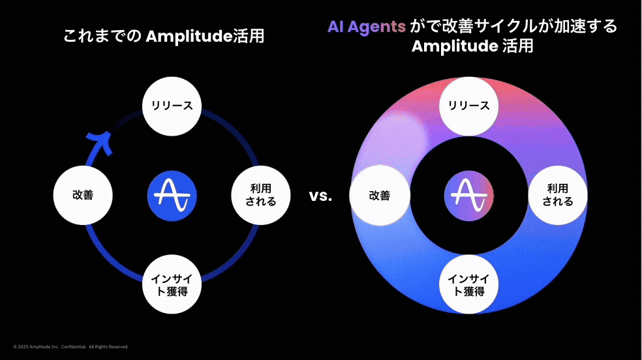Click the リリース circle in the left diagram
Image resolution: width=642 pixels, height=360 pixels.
pyautogui.click(x=172, y=106)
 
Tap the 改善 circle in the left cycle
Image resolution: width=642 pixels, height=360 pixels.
pyautogui.click(x=83, y=194)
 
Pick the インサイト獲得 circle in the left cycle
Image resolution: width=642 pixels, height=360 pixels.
pyautogui.click(x=172, y=285)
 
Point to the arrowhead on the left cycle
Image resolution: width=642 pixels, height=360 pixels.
pyautogui.click(x=100, y=140)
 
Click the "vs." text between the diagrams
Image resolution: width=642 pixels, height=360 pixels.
pyautogui.click(x=320, y=196)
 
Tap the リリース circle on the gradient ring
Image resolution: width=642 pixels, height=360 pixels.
pyautogui.click(x=469, y=106)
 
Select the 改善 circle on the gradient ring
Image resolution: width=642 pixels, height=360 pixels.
pyautogui.click(x=380, y=195)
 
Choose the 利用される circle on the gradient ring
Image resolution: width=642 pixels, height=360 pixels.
pyautogui.click(x=558, y=195)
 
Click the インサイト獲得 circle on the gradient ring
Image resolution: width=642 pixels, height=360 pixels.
pyautogui.click(x=469, y=285)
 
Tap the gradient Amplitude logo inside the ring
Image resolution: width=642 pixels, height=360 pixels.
pyautogui.click(x=469, y=195)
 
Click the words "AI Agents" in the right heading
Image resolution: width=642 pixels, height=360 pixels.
pyautogui.click(x=367, y=27)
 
